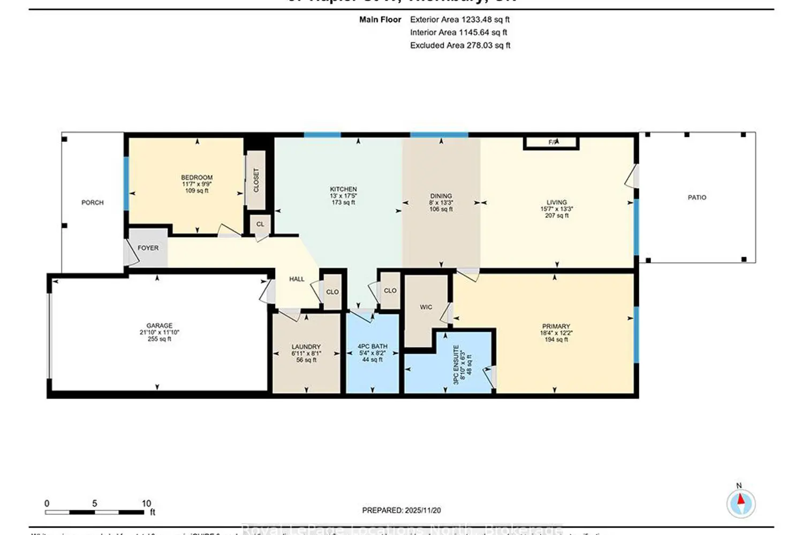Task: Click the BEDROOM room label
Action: tap(196, 178)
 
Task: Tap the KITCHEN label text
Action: tap(343, 189)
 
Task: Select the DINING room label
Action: tap(441, 196)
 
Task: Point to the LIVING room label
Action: tap(557, 203)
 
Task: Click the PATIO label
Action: tap(697, 197)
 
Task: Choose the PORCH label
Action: tap(93, 203)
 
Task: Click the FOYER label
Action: tap(148, 248)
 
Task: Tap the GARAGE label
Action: tap(160, 326)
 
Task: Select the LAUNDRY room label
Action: tap(306, 347)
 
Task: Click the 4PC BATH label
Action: tap(373, 347)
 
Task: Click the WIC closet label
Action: tap(426, 307)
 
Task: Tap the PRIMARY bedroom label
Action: tap(556, 326)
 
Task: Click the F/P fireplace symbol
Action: tap(552, 142)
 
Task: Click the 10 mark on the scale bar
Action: tap(146, 503)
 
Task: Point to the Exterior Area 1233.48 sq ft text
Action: tap(459, 20)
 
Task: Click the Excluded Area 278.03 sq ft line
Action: tap(460, 45)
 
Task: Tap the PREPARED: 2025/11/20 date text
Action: tap(401, 510)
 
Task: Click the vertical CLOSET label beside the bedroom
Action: tap(256, 180)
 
